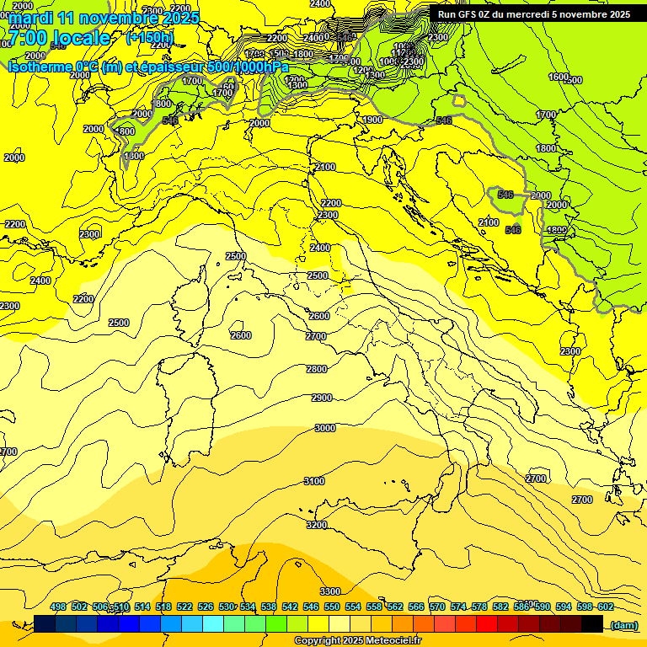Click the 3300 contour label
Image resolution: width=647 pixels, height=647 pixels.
coord(330,591)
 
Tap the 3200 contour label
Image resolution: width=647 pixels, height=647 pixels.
coord(317,525)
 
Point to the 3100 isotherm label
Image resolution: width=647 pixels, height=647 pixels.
coord(313,481)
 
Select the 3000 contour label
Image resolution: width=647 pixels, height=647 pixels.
coord(324,428)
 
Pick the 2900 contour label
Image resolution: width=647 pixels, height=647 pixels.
coord(322,398)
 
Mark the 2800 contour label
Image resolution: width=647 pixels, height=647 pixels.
coord(317,369)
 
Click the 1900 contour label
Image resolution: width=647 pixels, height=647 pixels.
coord(373,120)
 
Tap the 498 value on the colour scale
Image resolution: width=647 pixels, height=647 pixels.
coord(58,607)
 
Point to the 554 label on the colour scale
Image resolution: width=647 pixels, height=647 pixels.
coord(353,607)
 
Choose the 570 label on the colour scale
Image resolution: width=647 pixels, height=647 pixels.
coord(437,607)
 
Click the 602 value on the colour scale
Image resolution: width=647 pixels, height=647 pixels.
coord(606,607)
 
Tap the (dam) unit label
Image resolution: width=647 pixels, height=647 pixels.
coord(624,624)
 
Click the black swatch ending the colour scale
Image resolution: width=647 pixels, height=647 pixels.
coord(592,623)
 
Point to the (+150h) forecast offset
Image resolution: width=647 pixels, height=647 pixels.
coord(150,38)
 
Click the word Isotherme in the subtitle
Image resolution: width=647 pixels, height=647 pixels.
coord(39,67)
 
